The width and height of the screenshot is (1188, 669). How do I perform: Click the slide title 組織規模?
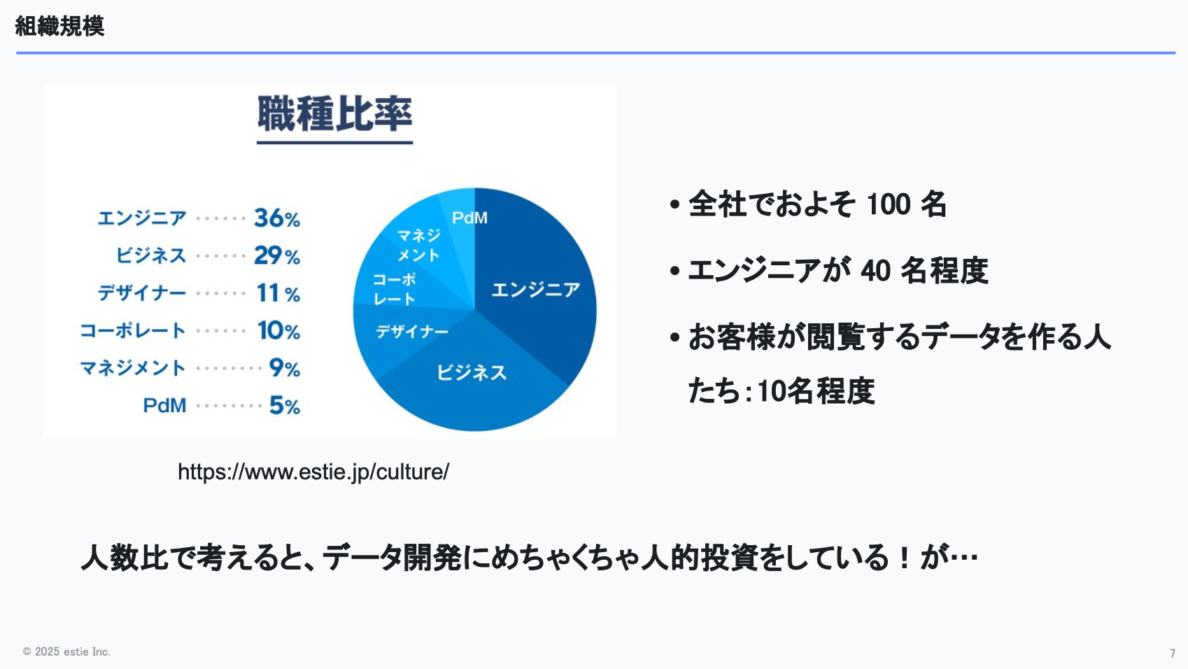[59, 26]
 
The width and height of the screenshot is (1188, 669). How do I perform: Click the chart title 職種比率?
[334, 113]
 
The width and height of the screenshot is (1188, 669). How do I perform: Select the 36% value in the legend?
[277, 218]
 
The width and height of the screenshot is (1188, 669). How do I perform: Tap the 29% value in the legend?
[277, 255]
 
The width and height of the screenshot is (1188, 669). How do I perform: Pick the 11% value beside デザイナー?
[278, 293]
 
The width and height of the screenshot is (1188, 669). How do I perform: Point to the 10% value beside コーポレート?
[278, 330]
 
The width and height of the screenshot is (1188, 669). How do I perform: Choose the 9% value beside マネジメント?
[285, 368]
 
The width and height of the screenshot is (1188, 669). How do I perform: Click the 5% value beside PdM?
[285, 406]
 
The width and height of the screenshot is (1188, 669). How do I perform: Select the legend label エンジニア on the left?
[142, 218]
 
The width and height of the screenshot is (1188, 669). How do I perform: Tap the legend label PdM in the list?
[165, 406]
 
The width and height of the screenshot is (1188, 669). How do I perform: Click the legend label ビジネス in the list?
[151, 255]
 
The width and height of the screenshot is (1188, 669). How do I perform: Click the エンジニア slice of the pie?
[536, 289]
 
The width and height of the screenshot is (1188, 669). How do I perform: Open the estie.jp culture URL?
[313, 472]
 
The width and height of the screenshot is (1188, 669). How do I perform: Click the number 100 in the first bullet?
[889, 204]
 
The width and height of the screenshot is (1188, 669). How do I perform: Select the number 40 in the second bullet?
[875, 271]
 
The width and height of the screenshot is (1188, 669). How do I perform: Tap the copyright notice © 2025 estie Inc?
[66, 652]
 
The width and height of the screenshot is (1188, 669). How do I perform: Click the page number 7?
[1173, 653]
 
